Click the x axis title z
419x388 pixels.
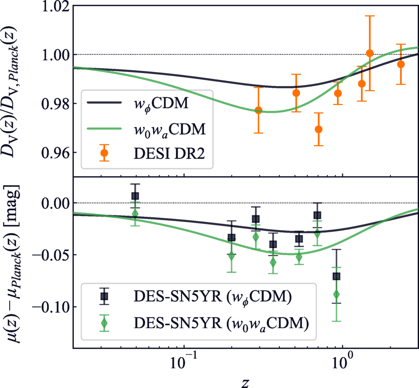[x=246, y=380]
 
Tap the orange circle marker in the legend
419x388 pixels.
[x=104, y=153]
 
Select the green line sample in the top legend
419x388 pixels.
[x=104, y=129]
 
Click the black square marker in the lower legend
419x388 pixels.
[x=104, y=296]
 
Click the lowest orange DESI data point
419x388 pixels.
[x=319, y=129]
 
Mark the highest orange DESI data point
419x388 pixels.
[x=370, y=53]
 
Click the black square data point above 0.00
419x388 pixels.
[x=135, y=196]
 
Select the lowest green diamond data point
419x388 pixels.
[x=336, y=294]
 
